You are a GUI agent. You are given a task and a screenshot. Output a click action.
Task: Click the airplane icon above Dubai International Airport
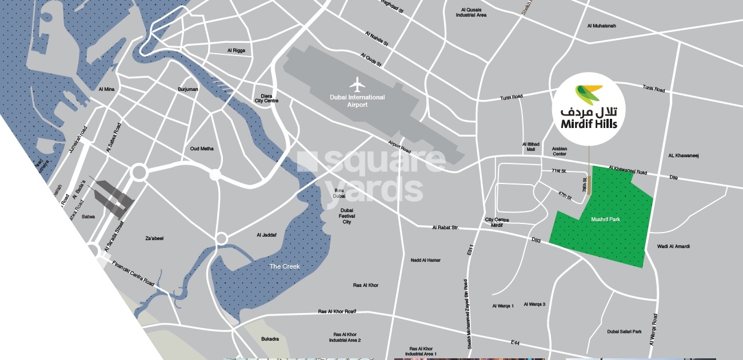tap(357, 85)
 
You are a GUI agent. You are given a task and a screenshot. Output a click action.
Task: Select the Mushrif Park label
tap(605, 219)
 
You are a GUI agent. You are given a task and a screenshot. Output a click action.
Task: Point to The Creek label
tap(285, 266)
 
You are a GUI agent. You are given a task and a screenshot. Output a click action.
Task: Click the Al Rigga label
tap(236, 50)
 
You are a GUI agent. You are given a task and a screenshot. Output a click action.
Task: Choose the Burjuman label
tap(187, 89)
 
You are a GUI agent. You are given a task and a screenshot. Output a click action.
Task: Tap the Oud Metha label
tap(202, 149)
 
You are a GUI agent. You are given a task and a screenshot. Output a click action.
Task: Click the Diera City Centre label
tap(266, 98)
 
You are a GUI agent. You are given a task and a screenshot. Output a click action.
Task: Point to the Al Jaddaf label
tap(267, 235)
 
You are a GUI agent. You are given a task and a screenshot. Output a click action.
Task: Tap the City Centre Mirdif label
tap(497, 222)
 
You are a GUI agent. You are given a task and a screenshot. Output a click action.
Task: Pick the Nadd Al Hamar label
tap(425, 260)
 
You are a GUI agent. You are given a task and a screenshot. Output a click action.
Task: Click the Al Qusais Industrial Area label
tap(471, 12)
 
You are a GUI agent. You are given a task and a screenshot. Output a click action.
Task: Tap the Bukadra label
tap(270, 339)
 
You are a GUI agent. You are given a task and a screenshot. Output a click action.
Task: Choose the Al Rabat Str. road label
tap(445, 227)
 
